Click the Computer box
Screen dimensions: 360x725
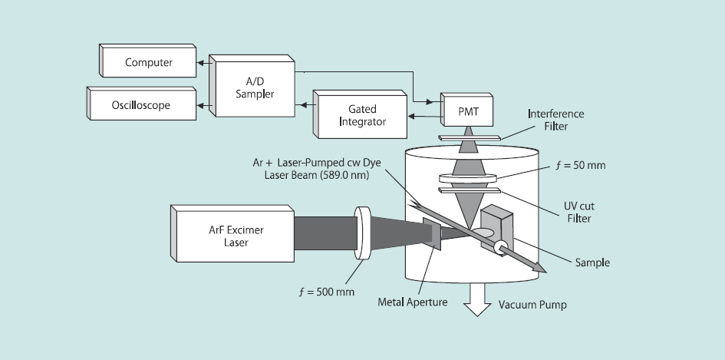pos(149,62)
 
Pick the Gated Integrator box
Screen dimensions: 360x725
pos(361,116)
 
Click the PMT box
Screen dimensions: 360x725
pos(469,111)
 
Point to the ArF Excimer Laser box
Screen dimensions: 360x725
pos(231,232)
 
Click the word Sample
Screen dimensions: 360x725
pos(592,262)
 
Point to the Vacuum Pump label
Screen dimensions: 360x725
pos(532,305)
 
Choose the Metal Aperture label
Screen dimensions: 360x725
pos(411,302)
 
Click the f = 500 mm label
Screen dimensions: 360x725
pos(327,292)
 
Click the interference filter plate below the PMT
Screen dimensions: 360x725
pos(469,137)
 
